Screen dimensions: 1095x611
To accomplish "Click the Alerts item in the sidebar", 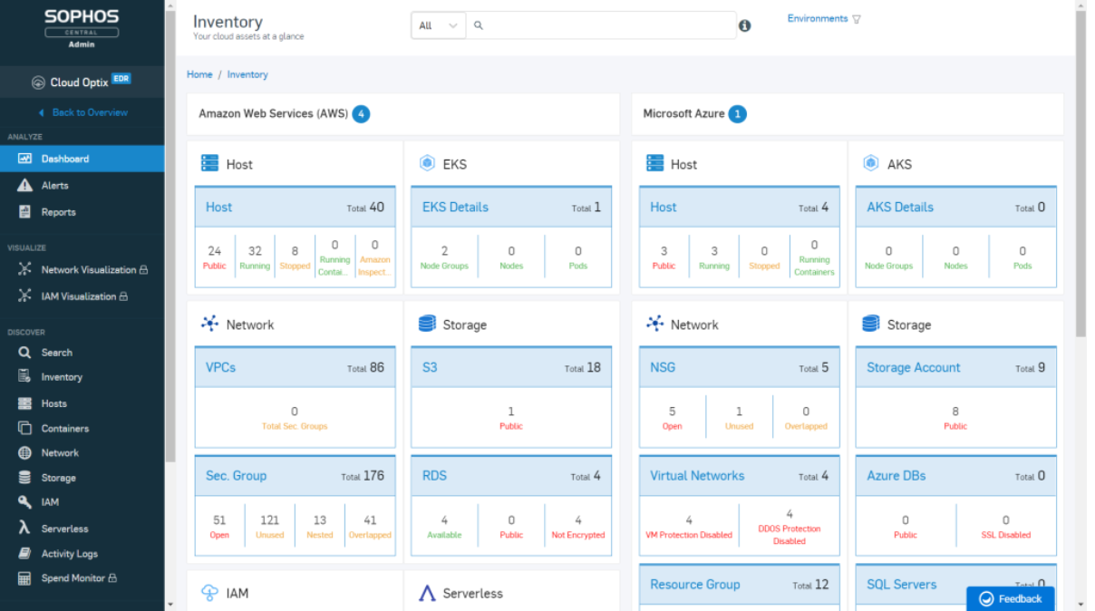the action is (x=54, y=186).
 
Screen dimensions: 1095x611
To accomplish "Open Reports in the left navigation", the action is (x=58, y=212).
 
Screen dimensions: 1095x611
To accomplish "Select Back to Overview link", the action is (x=90, y=112).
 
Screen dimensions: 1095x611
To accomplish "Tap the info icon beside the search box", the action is (x=744, y=25).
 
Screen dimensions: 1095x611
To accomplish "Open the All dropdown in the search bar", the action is (x=438, y=25).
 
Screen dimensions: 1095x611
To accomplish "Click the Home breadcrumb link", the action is (x=199, y=74).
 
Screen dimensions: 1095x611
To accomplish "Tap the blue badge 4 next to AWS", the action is (x=362, y=114).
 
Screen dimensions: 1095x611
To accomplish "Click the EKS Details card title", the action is (x=455, y=208).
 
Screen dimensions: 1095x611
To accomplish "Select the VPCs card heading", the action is (x=220, y=367).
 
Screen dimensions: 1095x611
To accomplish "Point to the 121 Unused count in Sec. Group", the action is (x=269, y=526).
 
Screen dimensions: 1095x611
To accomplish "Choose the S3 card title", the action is (x=430, y=367).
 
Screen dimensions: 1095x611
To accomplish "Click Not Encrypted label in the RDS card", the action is (x=577, y=535).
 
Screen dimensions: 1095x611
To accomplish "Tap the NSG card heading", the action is (x=663, y=367).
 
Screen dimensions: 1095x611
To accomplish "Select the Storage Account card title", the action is (x=913, y=367).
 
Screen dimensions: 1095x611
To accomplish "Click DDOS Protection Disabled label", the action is (x=789, y=535).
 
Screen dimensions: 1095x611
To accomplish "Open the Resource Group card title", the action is (x=694, y=585).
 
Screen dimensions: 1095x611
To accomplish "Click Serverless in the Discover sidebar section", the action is (x=64, y=529).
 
